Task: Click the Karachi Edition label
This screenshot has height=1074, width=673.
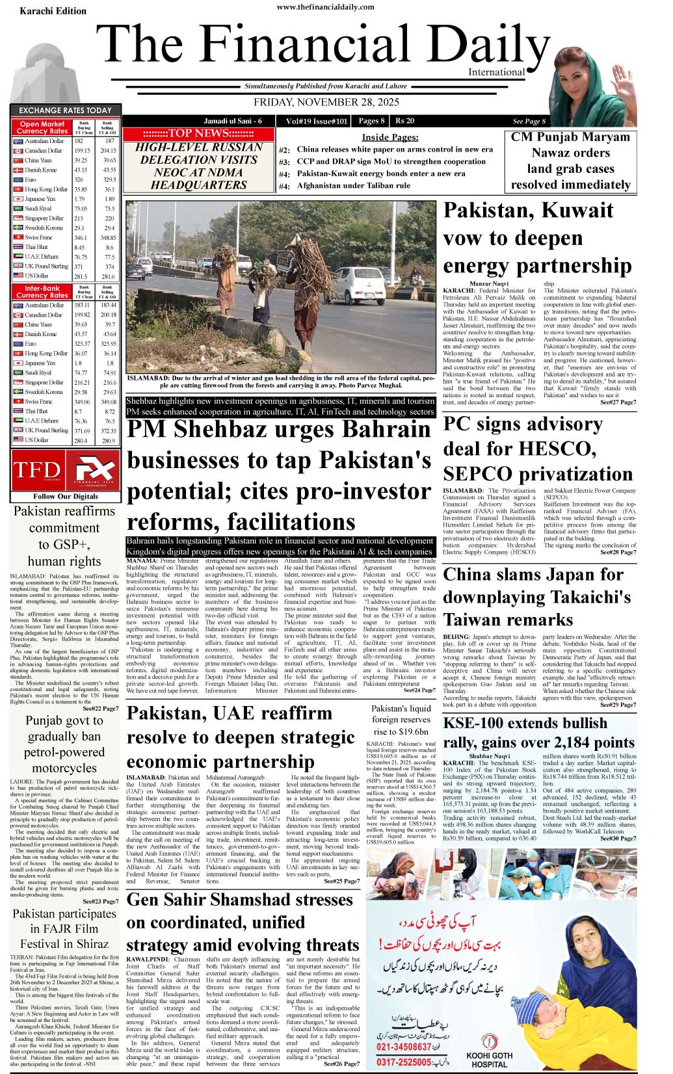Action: pyautogui.click(x=53, y=11)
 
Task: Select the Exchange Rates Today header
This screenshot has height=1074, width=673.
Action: pyautogui.click(x=65, y=111)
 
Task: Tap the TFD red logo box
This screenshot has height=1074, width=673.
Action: pyautogui.click(x=37, y=470)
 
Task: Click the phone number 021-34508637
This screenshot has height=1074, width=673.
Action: pyautogui.click(x=404, y=1047)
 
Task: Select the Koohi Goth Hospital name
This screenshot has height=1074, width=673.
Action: pyautogui.click(x=489, y=1060)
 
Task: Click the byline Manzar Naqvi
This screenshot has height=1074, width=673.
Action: pyautogui.click(x=489, y=284)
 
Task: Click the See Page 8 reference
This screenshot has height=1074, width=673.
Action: pyautogui.click(x=529, y=121)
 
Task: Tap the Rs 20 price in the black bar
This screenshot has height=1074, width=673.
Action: pyautogui.click(x=404, y=120)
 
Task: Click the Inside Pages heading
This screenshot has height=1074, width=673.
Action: pyautogui.click(x=390, y=137)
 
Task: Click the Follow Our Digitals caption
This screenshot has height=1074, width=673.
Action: pyautogui.click(x=66, y=496)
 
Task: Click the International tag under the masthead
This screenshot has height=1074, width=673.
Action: pyautogui.click(x=496, y=72)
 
